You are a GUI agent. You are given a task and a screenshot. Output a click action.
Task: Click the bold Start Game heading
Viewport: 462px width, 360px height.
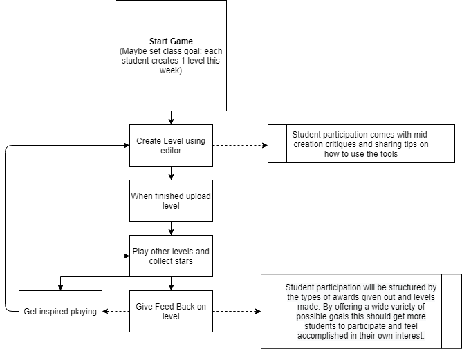171,41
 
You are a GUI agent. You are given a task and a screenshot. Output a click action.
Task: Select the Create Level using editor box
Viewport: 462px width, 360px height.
171,145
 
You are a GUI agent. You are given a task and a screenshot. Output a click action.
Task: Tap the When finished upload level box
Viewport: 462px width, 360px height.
171,200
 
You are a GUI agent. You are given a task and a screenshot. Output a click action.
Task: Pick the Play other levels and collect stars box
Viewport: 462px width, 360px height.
171,256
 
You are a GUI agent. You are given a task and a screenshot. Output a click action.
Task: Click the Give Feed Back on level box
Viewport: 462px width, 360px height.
171,311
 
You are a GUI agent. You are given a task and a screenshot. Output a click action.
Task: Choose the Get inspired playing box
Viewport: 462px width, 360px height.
60,311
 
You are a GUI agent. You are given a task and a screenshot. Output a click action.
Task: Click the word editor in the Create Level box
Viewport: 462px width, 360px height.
171,150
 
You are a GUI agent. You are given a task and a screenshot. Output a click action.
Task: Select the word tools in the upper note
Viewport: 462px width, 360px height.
386,154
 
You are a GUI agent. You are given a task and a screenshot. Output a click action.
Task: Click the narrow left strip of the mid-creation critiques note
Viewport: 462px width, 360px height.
277,144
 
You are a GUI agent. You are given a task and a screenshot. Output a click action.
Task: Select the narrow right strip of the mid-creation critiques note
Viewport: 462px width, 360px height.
445,144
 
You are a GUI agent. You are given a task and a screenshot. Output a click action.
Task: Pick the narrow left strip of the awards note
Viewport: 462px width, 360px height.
270,311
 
